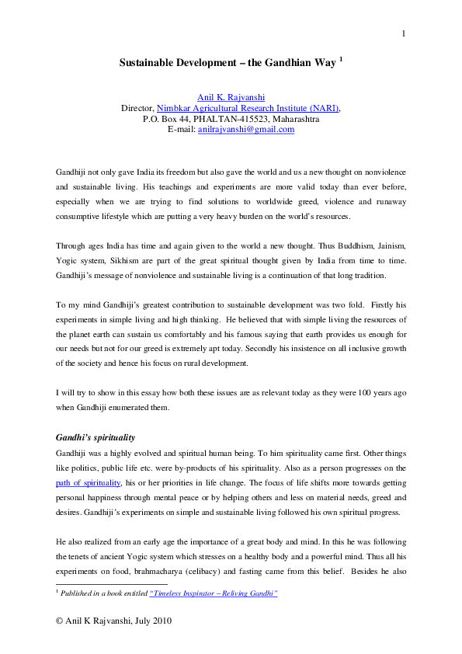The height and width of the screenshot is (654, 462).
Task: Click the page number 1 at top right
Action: (404, 33)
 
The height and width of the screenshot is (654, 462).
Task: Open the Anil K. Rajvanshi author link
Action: (231, 97)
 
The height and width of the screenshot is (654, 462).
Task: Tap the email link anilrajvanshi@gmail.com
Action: (246, 130)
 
